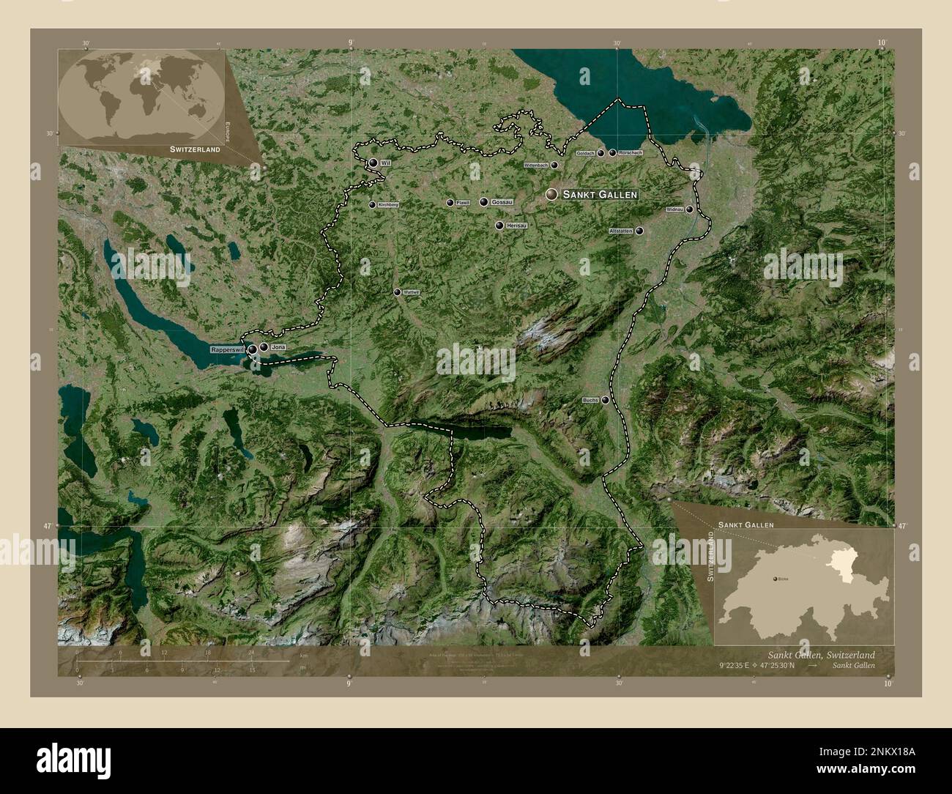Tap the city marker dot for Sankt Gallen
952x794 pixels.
(551, 194)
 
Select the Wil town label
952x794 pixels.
(384, 163)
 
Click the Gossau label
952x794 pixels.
(502, 202)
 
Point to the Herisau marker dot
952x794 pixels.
(499, 226)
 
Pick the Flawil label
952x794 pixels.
(462, 203)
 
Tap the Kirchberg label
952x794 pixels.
(388, 205)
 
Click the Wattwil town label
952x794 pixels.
(412, 292)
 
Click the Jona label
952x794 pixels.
(278, 346)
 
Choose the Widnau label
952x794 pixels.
(674, 209)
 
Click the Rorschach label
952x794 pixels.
(631, 152)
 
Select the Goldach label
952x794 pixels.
(585, 153)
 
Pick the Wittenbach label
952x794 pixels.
(536, 166)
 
